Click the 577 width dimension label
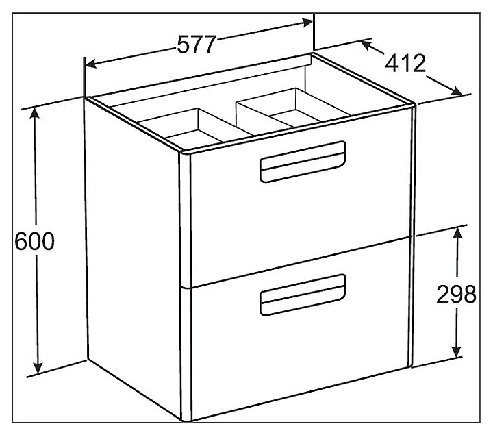coord(197,45)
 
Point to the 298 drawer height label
coord(455,295)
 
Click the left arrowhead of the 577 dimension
coord(90,65)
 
